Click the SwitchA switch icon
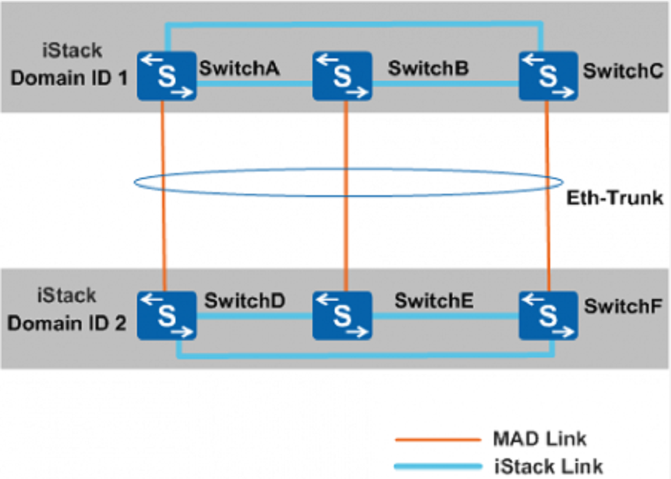pos(167,75)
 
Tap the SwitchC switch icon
pos(548,75)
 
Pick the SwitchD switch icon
pos(167,315)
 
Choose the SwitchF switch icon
pos(548,315)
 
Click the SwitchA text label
pos(239,68)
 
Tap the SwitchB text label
pos(429,68)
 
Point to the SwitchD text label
pos(245,301)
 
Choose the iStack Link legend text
pos(547,466)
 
